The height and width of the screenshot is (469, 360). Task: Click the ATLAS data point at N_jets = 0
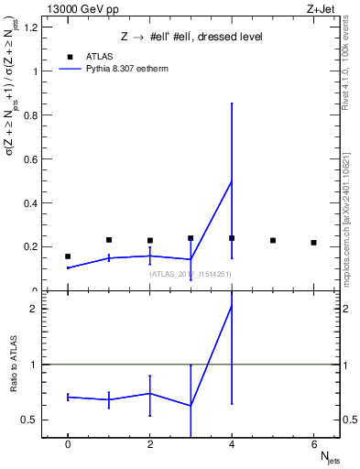(68, 256)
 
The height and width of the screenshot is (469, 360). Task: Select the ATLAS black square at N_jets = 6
(313, 243)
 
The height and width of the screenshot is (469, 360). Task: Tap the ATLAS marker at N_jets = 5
(273, 240)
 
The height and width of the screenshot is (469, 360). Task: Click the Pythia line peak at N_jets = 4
(232, 180)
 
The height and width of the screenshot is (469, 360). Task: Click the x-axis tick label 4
(232, 443)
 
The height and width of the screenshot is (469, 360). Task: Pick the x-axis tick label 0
(68, 443)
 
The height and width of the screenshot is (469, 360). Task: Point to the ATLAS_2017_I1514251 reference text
(191, 273)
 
